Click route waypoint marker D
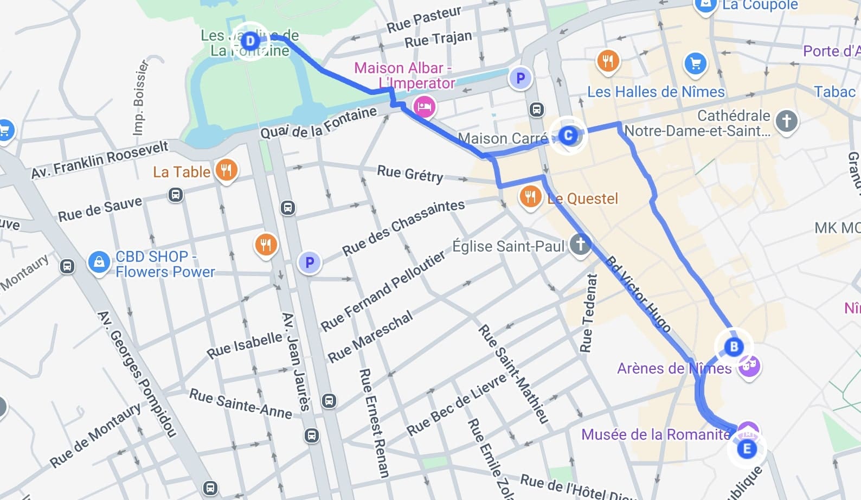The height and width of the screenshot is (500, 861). (250, 41)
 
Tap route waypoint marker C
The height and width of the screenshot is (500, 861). (568, 135)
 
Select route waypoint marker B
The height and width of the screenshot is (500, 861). (734, 347)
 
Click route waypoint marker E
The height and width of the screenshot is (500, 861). (747, 448)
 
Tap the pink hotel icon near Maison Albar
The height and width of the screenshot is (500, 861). (424, 106)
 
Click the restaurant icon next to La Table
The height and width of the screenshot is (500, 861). (226, 170)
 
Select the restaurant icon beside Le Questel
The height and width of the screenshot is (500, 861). (530, 196)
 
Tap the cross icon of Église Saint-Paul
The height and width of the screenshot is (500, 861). (580, 244)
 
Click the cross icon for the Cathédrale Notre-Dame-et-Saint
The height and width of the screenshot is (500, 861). (787, 120)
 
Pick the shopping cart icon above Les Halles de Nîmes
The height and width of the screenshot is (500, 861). (695, 63)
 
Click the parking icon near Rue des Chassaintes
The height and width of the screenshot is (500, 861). (310, 262)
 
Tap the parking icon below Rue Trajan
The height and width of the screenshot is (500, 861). (521, 78)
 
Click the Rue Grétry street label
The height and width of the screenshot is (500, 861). (410, 174)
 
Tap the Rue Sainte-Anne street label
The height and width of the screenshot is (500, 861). (240, 404)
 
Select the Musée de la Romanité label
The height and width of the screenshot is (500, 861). (656, 434)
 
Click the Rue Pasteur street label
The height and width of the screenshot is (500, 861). (423, 19)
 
